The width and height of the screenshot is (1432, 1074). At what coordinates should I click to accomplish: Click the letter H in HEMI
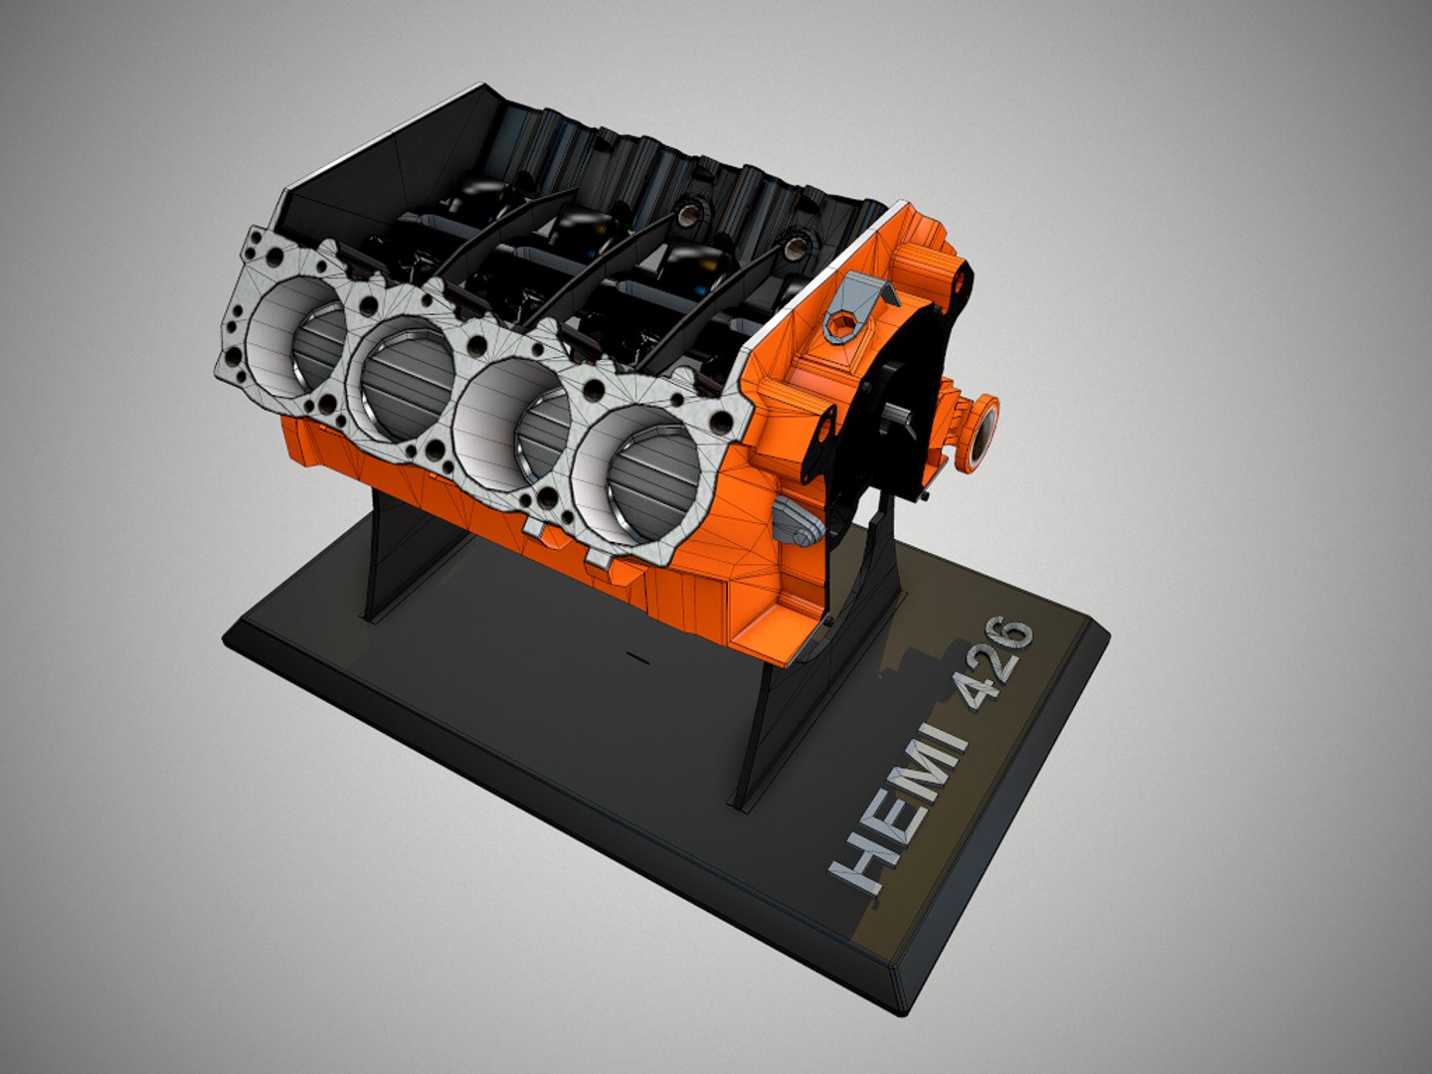(x=859, y=863)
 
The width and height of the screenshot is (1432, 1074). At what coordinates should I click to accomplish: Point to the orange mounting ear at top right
(x=958, y=281)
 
